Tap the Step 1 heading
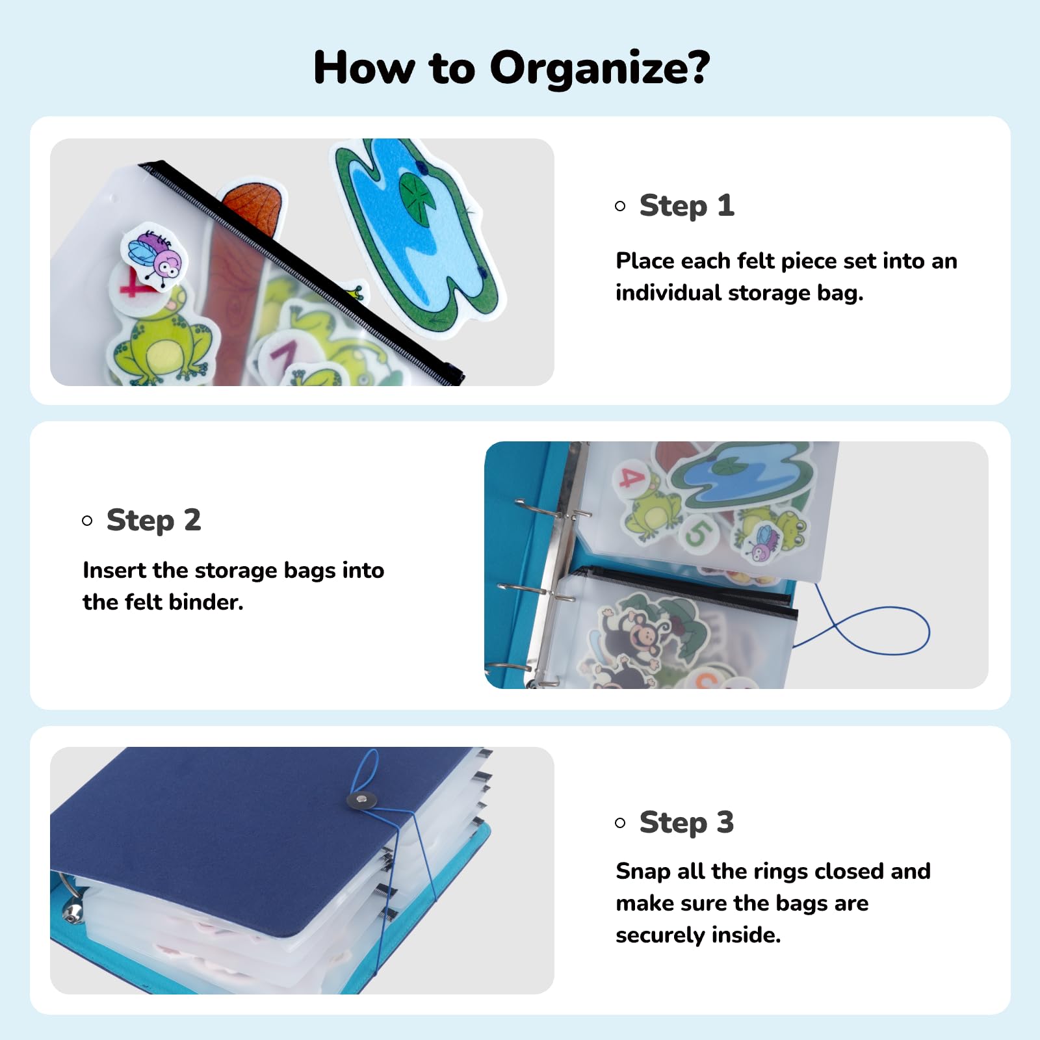click(x=687, y=206)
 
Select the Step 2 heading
click(x=154, y=521)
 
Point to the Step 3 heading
click(x=687, y=823)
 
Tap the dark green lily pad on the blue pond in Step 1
click(x=417, y=195)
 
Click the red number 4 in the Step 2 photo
click(x=631, y=478)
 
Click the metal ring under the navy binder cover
click(x=69, y=898)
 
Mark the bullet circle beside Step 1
click(x=620, y=206)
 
